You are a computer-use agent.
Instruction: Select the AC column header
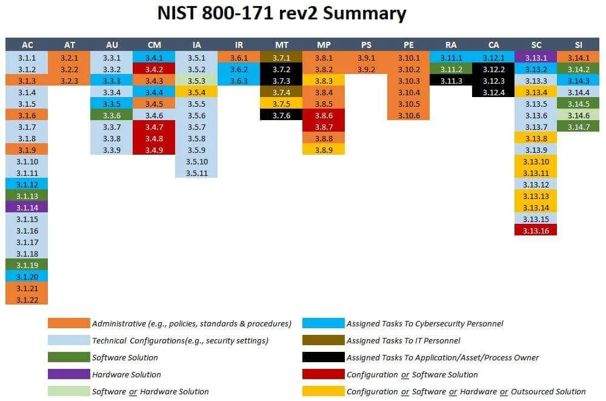27,45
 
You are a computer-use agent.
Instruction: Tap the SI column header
578,45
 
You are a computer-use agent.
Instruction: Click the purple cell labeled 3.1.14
27,207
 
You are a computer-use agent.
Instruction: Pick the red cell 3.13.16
536,230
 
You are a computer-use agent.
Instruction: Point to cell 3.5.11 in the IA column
196,172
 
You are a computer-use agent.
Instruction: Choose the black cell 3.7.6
281,115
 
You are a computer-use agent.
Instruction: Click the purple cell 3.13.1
536,58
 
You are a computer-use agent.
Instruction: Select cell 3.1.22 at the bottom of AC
27,299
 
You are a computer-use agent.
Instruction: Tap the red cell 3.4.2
154,69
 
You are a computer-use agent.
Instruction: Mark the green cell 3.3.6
112,115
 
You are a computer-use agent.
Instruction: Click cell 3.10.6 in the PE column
408,115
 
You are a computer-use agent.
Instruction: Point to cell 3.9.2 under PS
366,69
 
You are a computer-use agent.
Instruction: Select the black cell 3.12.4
493,92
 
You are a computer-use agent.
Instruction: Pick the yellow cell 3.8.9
324,149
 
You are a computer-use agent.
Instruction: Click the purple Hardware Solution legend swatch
68,374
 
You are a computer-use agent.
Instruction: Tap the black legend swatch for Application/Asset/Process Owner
323,357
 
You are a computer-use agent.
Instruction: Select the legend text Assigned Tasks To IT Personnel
403,340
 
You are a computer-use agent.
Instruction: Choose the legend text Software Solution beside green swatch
125,357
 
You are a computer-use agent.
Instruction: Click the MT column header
281,45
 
